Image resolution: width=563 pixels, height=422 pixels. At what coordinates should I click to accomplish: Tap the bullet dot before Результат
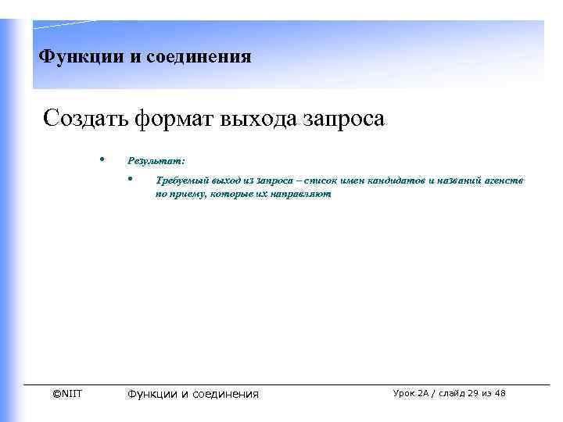click(102, 159)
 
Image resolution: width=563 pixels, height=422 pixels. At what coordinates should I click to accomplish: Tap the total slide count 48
click(500, 393)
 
